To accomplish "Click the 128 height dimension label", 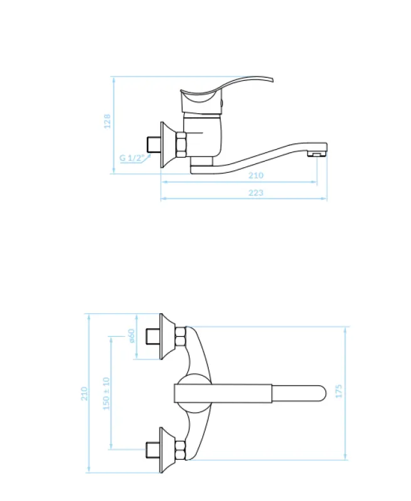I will point(107,121).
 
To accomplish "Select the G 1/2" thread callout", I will point(132,158).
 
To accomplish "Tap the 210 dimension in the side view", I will point(257,175).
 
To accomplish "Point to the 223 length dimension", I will point(256,192).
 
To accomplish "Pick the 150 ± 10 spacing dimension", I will point(106,393).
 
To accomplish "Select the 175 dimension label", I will point(339,392).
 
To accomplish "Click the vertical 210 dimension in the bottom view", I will point(85,393).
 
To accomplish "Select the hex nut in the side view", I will point(181,145).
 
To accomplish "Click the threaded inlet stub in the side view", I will point(152,144).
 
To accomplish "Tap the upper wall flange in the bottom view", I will point(167,337).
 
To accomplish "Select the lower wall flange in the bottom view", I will point(167,450).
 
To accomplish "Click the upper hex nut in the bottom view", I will point(180,338).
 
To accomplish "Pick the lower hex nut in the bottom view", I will point(180,450).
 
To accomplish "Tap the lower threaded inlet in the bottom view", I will point(152,450).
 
